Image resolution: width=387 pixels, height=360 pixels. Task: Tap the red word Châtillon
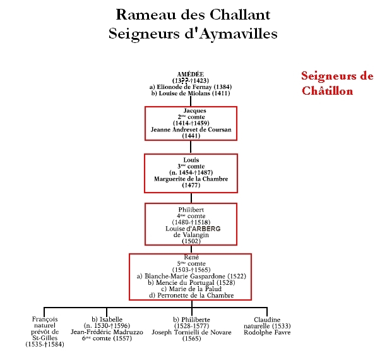pos(327,91)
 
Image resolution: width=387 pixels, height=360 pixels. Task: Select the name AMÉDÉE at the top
pos(191,75)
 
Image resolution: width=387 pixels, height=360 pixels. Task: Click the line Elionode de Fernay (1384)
pos(190,87)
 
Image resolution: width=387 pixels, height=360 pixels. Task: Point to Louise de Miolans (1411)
pos(190,93)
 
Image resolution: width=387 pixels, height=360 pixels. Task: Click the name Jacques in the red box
pos(191,111)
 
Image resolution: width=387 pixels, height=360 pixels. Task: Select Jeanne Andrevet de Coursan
pos(191,129)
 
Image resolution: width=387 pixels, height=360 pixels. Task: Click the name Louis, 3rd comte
pos(191,160)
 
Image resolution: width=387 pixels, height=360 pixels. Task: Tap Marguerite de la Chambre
pos(191,179)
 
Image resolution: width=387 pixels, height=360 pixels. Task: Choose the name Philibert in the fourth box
pos(191,208)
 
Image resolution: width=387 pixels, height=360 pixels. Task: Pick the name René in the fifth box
pos(191,257)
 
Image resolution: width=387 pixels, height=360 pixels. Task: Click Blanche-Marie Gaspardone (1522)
pos(191,276)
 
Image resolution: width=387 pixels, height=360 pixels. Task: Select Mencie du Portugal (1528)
pos(191,282)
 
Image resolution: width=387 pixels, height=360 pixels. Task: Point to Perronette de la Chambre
pos(191,295)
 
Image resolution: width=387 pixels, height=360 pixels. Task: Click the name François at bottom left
pos(45,320)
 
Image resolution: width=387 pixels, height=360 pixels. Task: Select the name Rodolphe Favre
pos(268,332)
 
